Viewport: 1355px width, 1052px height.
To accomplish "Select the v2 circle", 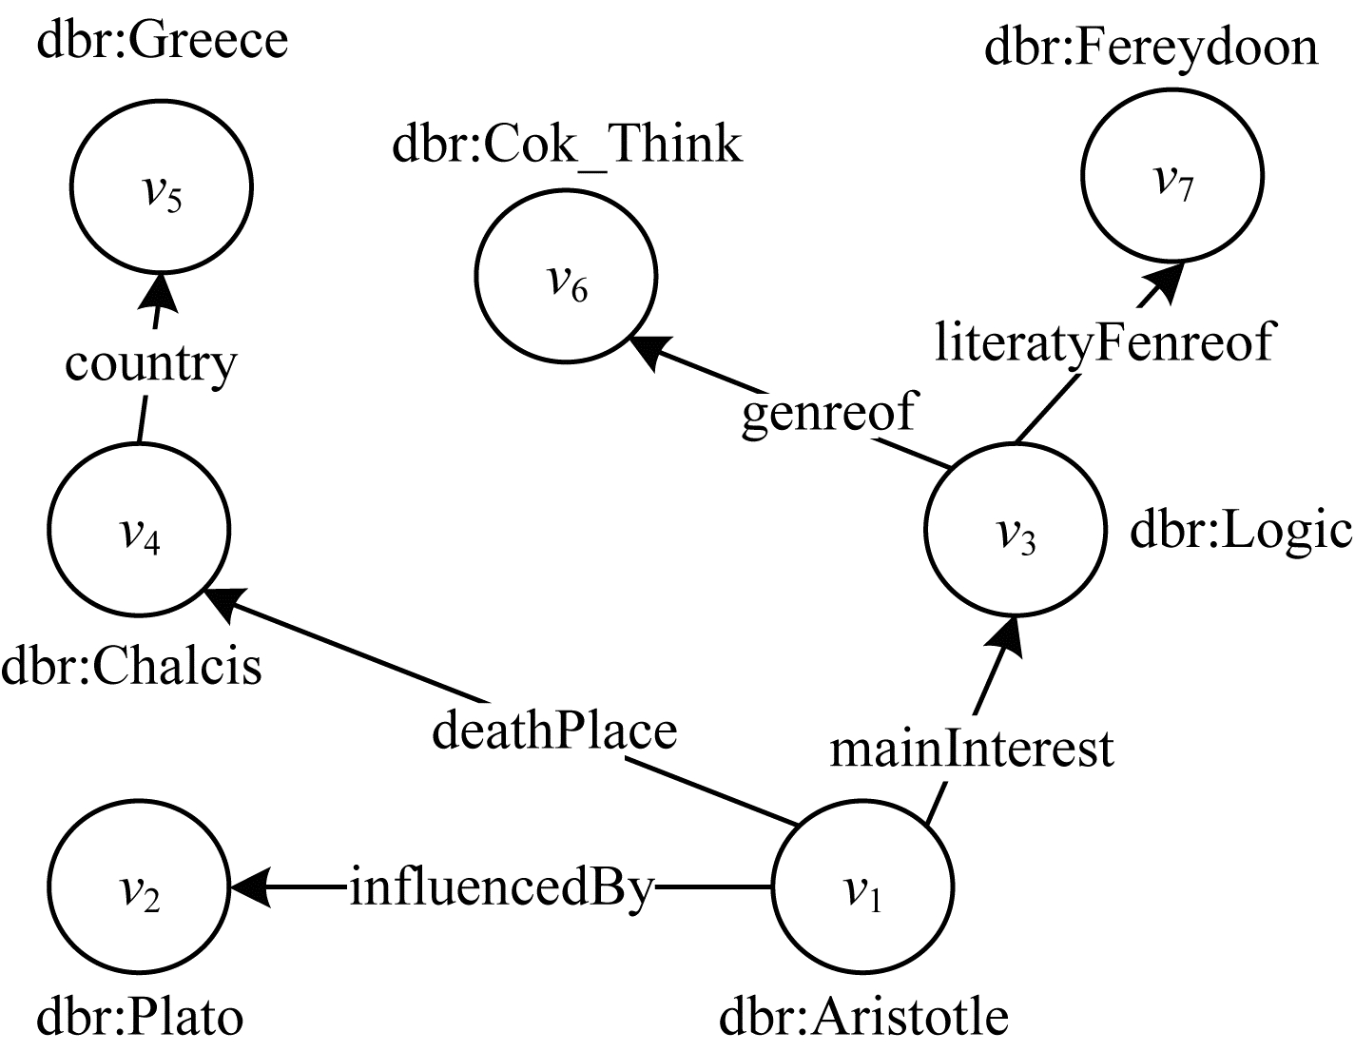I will pos(139,888).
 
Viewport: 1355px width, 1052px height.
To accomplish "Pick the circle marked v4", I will pos(139,531).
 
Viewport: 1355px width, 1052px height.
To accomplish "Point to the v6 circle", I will pos(567,280).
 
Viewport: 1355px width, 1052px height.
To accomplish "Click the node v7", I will pos(1171,175).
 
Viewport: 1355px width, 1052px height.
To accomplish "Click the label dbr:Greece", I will pos(162,40).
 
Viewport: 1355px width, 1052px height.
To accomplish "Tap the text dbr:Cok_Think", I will pos(568,145).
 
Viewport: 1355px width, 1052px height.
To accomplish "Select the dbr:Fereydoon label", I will pos(1152,47).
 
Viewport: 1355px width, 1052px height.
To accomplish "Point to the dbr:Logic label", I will pos(1240,531).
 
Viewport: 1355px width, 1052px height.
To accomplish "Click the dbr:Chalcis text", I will pos(131,666).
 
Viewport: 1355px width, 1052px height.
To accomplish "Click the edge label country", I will pos(150,363).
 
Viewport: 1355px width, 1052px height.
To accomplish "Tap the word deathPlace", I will pos(554,731).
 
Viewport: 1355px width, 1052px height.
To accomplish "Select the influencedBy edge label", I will pos(502,888).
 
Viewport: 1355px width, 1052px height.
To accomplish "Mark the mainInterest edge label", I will pos(971,748).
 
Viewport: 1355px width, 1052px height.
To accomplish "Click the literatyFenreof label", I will pos(1103,342).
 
